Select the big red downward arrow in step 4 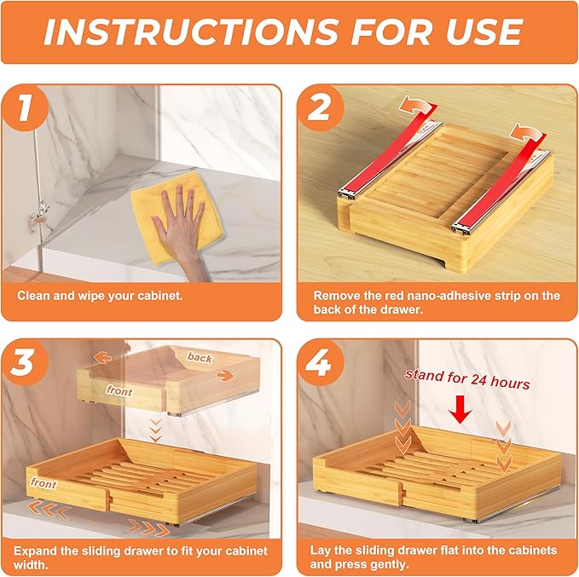pos(461,413)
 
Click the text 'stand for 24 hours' pos(466,379)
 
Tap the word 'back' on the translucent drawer pos(200,358)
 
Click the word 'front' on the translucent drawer pos(119,389)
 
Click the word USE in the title pos(477,32)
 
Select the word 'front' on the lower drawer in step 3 pos(43,484)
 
